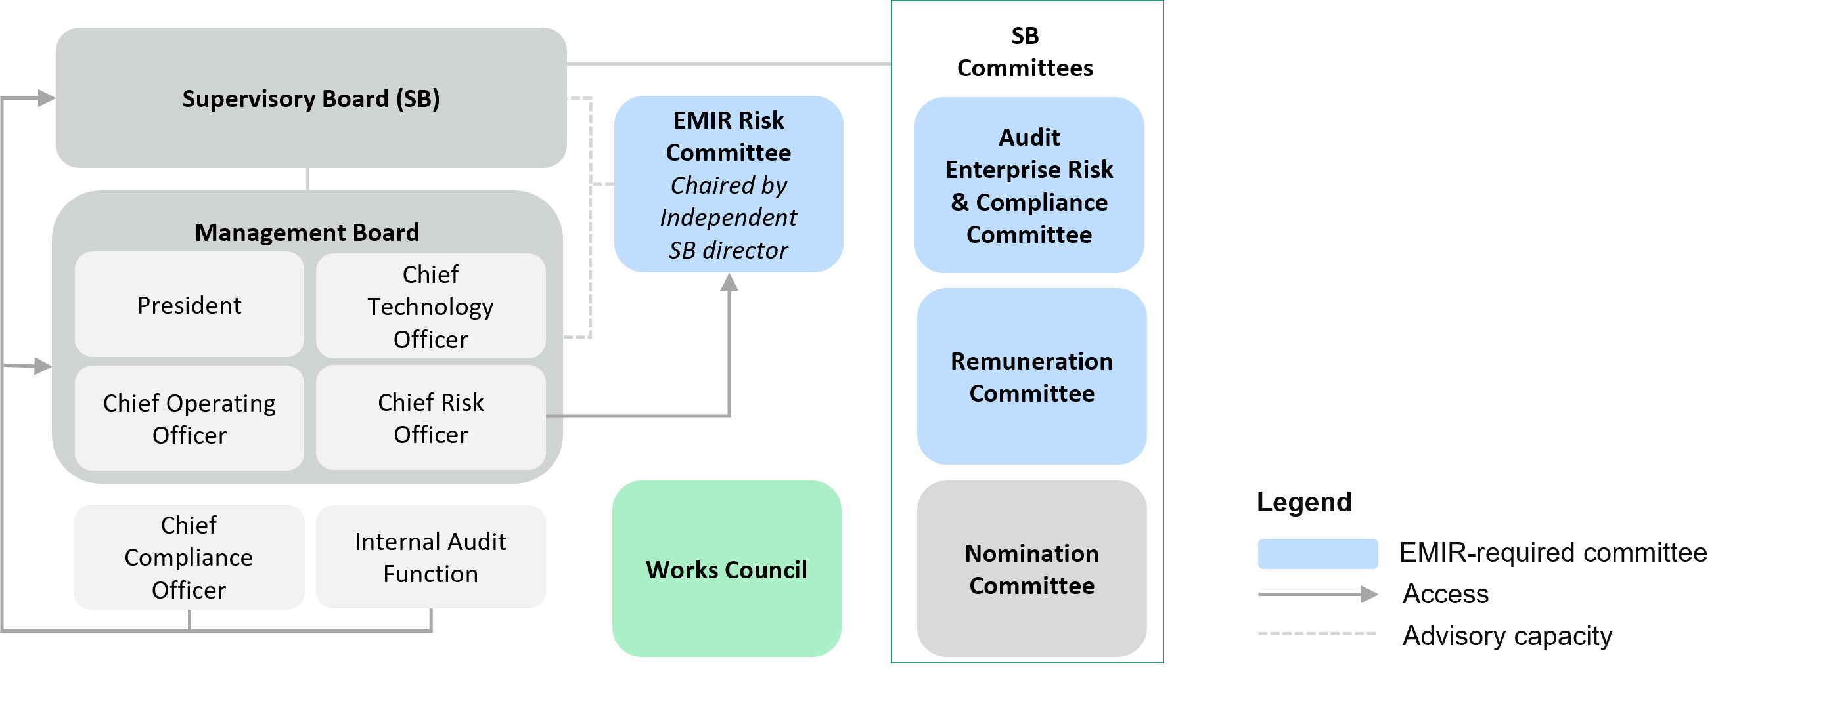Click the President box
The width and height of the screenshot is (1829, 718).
click(189, 305)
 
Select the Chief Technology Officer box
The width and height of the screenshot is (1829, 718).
click(430, 306)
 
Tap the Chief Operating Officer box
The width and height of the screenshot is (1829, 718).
click(189, 419)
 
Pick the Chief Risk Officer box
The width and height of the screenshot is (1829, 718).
click(430, 418)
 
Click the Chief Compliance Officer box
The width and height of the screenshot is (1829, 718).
click(189, 557)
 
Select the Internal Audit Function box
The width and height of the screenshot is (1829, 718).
click(430, 557)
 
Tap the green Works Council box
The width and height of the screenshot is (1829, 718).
click(727, 569)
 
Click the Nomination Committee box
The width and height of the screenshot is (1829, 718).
click(1031, 569)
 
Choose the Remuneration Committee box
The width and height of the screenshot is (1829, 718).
click(1031, 377)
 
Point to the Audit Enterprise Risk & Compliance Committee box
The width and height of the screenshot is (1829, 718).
click(1029, 185)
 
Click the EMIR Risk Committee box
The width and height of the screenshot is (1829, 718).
click(729, 137)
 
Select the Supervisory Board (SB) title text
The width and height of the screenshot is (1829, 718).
click(310, 98)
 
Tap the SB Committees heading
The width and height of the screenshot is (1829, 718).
click(1025, 52)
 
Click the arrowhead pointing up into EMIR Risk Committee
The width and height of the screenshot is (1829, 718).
click(729, 282)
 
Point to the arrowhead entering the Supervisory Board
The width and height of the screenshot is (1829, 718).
click(46, 98)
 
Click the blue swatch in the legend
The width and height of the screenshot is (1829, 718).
click(1317, 553)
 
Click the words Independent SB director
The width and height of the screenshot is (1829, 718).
click(729, 234)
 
